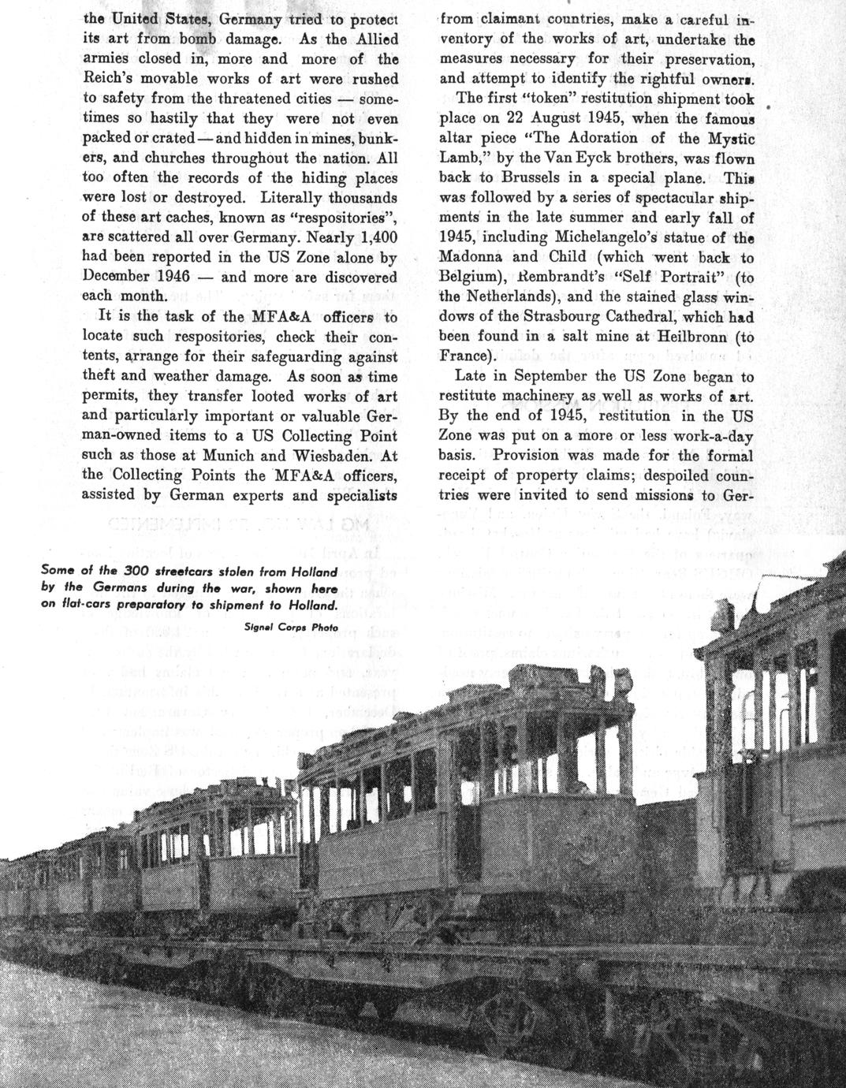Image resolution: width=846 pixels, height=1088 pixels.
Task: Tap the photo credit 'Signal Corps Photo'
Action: point(291,628)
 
